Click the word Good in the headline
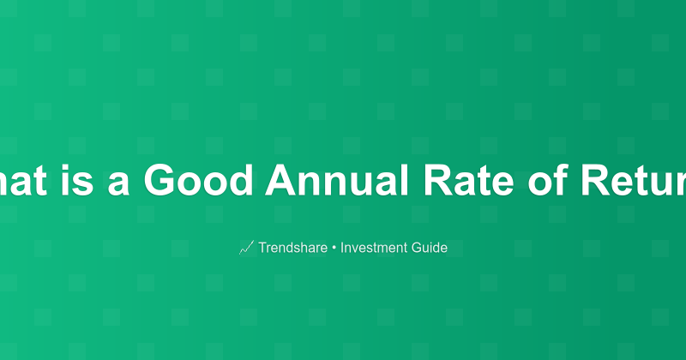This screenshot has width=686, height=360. click(198, 180)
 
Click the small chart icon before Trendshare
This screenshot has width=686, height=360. click(246, 249)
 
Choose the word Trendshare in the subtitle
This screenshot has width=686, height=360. click(292, 249)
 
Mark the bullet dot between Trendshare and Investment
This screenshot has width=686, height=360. click(334, 249)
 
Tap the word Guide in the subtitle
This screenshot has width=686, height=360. click(429, 249)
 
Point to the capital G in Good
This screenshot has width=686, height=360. click(160, 180)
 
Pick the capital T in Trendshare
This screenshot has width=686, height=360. click(262, 249)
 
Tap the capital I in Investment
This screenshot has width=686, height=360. click(342, 249)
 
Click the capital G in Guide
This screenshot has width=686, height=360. click(415, 249)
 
